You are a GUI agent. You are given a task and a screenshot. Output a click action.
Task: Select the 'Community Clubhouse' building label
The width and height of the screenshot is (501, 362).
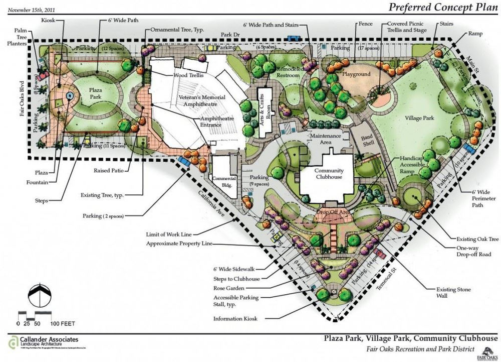tap(329, 173)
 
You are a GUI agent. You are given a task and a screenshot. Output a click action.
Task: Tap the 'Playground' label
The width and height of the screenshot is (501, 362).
tap(356, 74)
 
